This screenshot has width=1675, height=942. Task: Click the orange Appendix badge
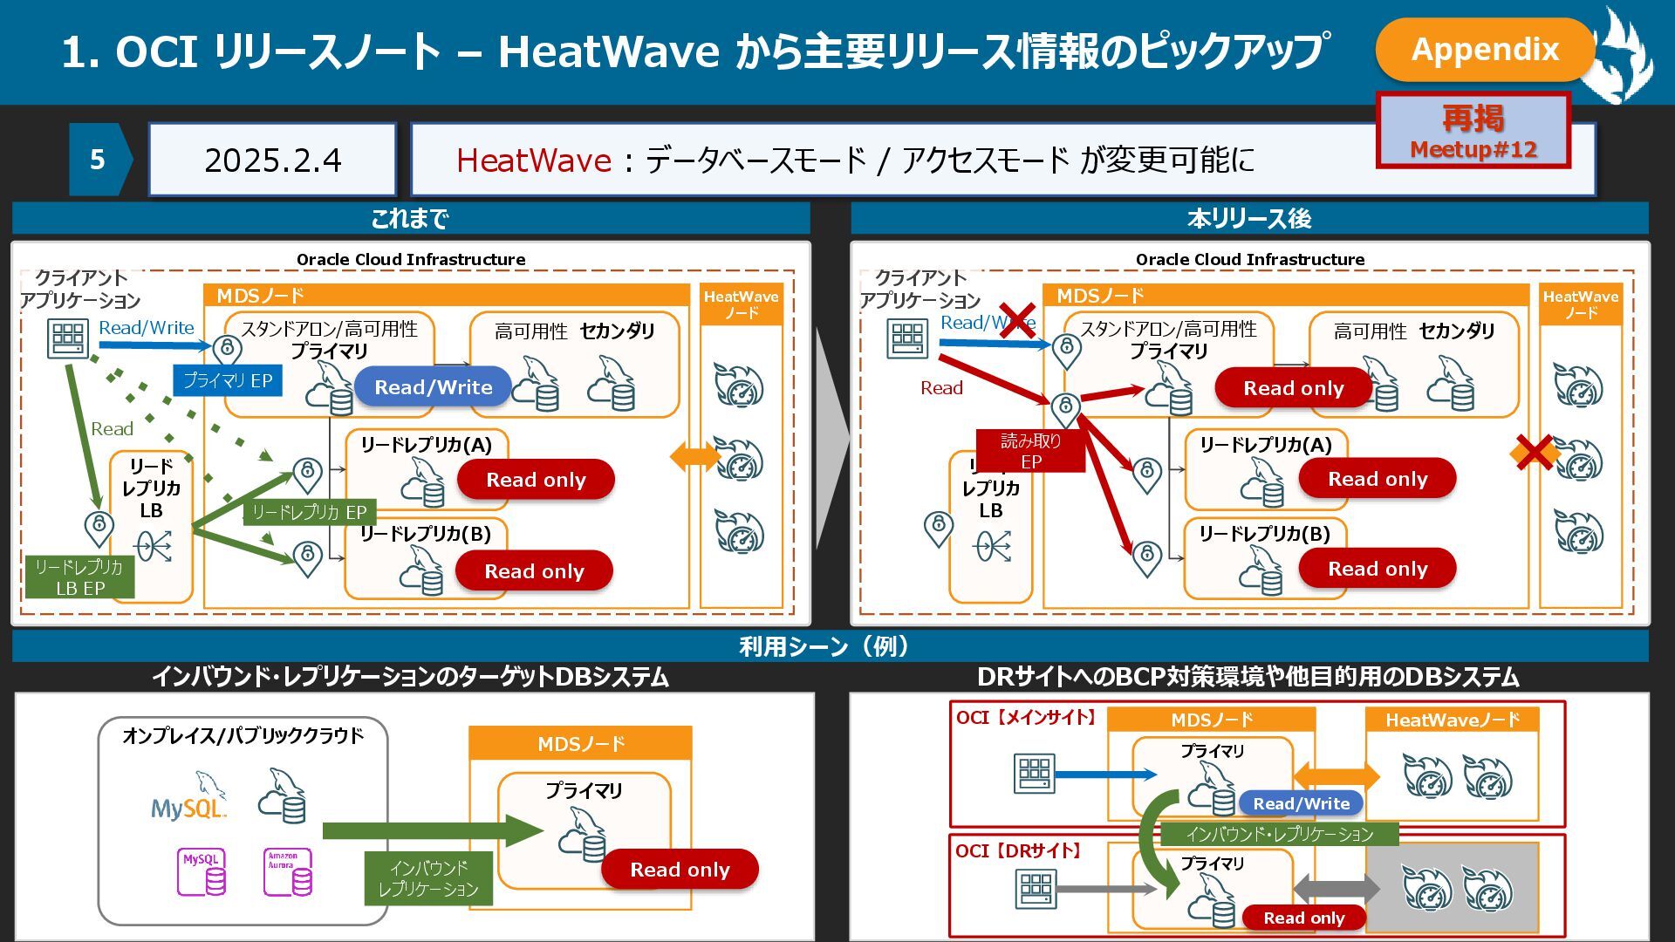point(1484,49)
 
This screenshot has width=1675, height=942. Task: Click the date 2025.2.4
point(272,160)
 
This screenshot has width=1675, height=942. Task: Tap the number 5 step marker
point(98,160)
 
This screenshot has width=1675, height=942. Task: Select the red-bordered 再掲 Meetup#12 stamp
point(1473,131)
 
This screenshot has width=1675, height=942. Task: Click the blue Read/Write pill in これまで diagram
point(433,387)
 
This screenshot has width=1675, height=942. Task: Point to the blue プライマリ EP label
point(227,381)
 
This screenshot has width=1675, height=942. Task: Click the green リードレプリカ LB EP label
point(79,577)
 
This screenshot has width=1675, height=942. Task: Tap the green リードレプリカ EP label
point(309,512)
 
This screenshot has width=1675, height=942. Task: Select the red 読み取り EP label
point(1030,451)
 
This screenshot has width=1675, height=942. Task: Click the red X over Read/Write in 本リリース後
point(1016,320)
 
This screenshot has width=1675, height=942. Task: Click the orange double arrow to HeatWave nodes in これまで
point(694,455)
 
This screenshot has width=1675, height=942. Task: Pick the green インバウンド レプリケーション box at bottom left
point(427,878)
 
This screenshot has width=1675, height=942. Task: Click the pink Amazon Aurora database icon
point(287,872)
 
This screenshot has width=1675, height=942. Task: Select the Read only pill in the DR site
point(1302,918)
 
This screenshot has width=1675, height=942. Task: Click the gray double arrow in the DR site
point(1335,889)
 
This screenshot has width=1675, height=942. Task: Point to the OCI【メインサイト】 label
point(1026,718)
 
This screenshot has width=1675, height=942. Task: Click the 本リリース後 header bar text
point(1248,218)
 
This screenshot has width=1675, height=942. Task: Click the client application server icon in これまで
point(67,338)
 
